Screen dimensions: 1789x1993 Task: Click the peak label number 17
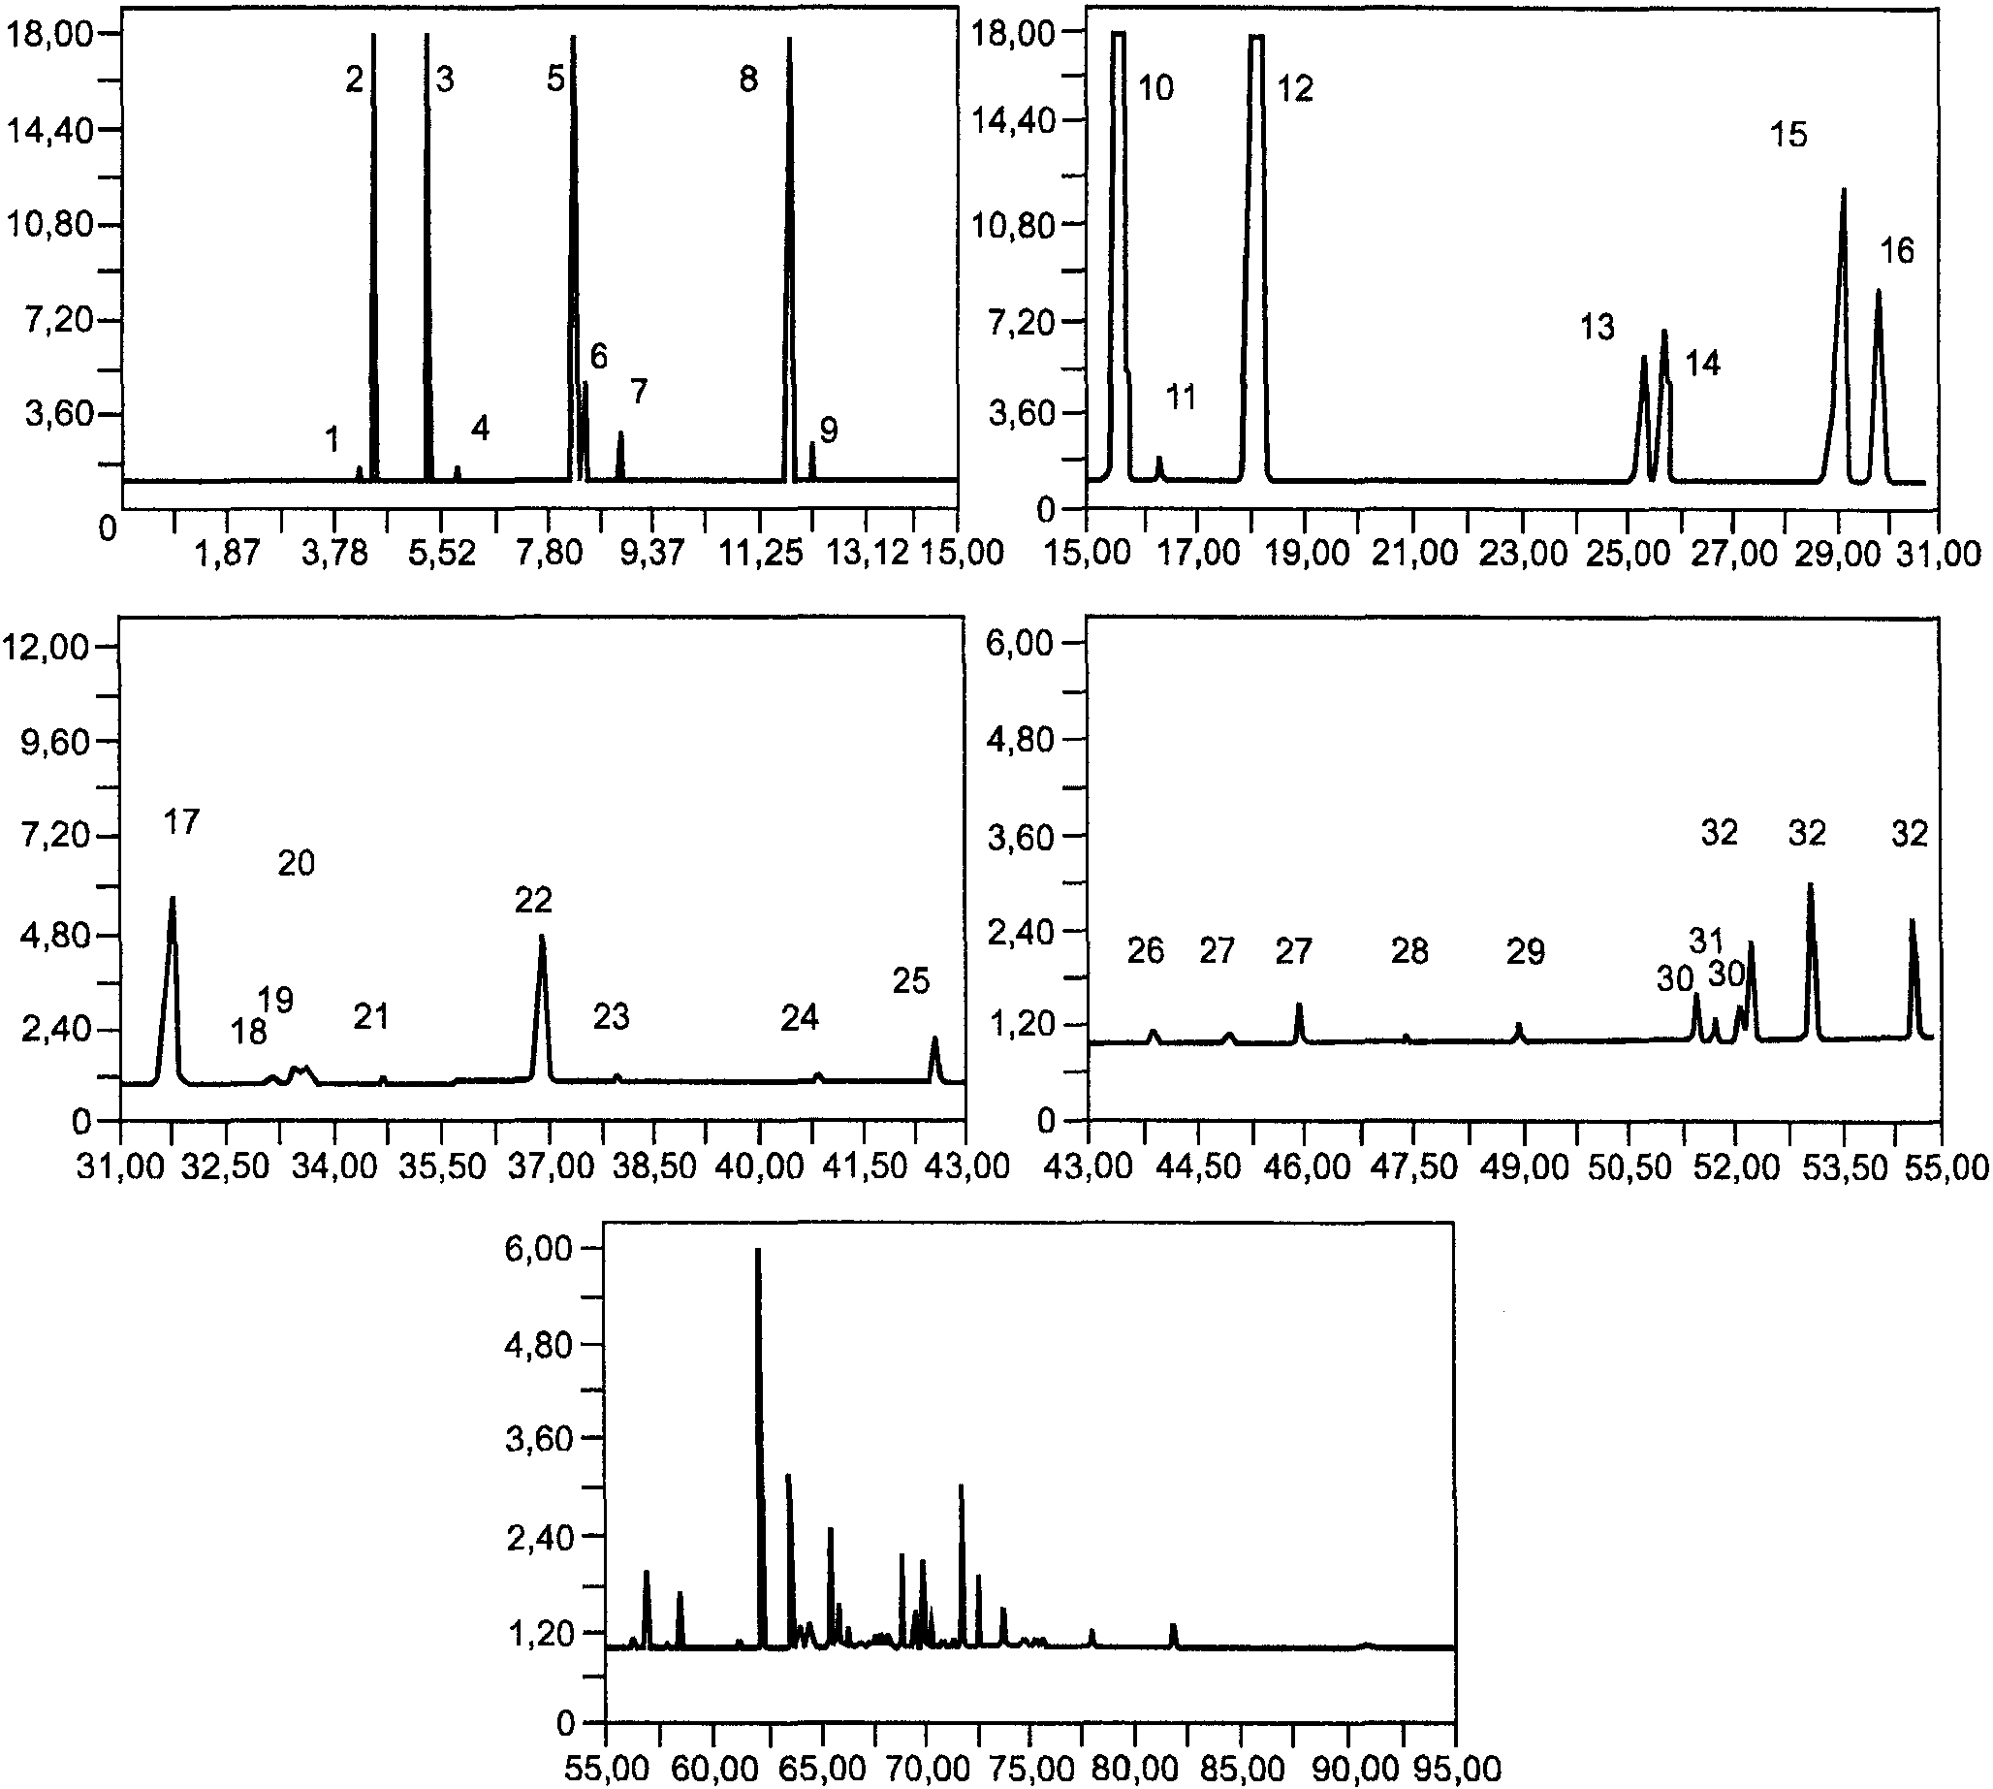click(182, 820)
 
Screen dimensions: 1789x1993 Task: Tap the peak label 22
click(533, 900)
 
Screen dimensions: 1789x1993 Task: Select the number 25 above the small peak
click(911, 980)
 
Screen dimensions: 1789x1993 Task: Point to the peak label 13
click(1597, 327)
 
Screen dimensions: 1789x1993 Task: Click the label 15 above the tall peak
click(1788, 135)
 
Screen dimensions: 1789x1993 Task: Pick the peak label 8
click(749, 80)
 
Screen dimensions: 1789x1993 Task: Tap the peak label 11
click(1181, 398)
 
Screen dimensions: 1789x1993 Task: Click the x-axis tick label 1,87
click(227, 554)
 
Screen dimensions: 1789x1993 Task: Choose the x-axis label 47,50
click(1412, 1166)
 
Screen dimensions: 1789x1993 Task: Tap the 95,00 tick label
click(1456, 1770)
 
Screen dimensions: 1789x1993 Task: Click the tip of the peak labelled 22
click(542, 937)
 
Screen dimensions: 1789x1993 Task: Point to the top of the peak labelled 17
click(173, 899)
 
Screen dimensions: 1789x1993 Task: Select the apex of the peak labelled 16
click(1878, 291)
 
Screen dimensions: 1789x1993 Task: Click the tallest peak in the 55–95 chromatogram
click(758, 1250)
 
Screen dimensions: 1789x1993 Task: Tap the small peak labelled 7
click(620, 433)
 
